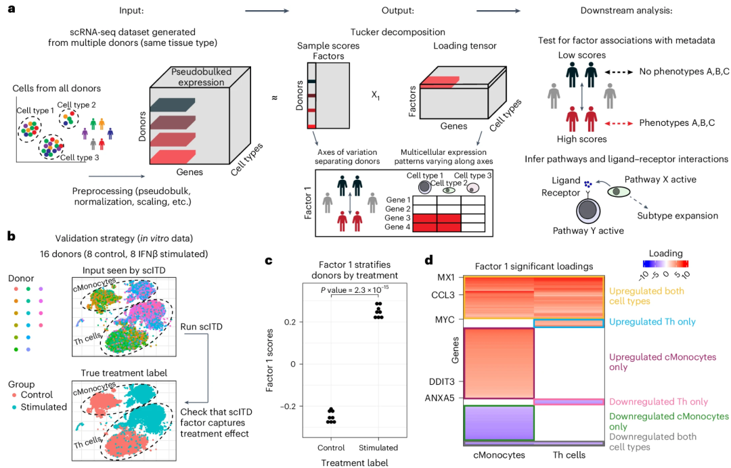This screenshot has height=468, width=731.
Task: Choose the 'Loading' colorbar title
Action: click(666, 254)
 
